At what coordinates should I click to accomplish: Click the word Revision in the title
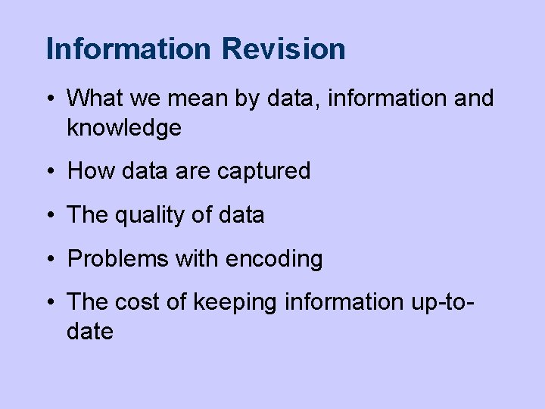coord(284,49)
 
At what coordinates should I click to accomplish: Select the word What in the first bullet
coord(94,98)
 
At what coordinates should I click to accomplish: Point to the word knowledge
coord(124,128)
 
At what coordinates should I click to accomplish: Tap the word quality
coord(145,215)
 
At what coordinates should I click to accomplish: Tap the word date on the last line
coord(90,331)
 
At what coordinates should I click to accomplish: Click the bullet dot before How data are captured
coord(49,172)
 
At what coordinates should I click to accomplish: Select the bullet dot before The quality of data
coord(49,216)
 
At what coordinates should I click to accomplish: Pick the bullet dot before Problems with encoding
coord(49,260)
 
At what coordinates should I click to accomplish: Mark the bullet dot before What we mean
coord(49,98)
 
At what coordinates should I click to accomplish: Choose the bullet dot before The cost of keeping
coord(49,303)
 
